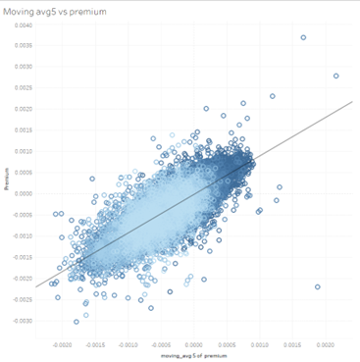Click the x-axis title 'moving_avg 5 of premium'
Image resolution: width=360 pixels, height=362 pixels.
[x=193, y=356]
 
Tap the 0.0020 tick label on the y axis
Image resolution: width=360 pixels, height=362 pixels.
[x=25, y=109]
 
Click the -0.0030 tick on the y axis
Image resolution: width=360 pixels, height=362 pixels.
[x=24, y=321]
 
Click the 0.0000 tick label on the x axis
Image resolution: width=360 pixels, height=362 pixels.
[x=194, y=345]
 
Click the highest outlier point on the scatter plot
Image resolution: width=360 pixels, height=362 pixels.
[x=303, y=37]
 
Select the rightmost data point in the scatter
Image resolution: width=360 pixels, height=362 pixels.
[x=335, y=76]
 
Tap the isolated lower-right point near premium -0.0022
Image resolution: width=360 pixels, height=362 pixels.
[x=317, y=286]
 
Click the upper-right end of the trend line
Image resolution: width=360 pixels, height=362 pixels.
[x=351, y=100]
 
